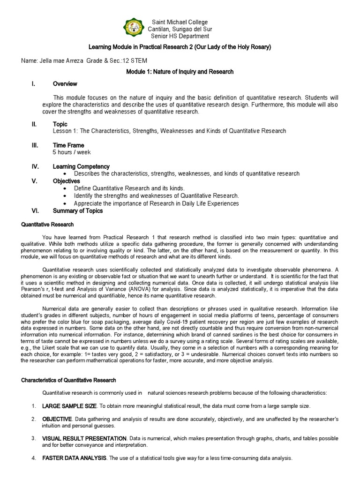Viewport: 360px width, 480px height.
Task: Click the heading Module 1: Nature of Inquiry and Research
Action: pos(180,72)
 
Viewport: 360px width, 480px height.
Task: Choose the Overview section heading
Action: pos(65,84)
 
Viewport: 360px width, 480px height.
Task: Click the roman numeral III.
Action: pos(35,146)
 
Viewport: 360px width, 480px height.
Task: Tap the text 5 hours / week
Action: pos(72,152)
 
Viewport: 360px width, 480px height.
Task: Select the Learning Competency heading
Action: pos(81,166)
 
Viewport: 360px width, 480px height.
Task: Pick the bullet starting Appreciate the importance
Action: pos(156,203)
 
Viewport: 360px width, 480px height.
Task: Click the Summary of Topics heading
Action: pos(78,211)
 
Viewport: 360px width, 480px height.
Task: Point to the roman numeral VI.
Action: pos(35,211)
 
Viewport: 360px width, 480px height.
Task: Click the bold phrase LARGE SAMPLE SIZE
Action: pos(70,405)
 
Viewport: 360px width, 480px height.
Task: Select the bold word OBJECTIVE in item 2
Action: pos(57,419)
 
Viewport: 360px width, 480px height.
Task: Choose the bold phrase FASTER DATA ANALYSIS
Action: pos(75,458)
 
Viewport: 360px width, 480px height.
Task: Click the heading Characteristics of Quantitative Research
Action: pos(69,380)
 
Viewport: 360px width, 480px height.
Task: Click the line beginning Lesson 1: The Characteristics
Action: pos(169,131)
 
